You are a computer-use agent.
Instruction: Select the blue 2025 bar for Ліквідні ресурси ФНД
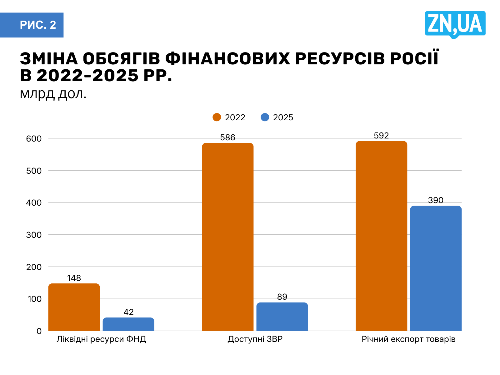(128, 324)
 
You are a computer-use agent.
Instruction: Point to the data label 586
(227, 137)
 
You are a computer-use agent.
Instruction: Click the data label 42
(128, 312)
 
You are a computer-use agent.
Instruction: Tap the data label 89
(282, 297)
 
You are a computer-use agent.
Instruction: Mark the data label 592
(381, 136)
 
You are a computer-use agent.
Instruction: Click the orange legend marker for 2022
(217, 117)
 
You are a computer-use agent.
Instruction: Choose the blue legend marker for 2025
(265, 117)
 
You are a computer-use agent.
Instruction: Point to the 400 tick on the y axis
(34, 203)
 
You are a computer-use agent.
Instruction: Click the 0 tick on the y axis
(39, 331)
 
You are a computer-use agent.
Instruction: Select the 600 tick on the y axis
(34, 139)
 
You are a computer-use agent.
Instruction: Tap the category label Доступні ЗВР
(255, 339)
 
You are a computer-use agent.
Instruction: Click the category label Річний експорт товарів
(408, 339)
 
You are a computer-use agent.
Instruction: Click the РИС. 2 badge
(37, 25)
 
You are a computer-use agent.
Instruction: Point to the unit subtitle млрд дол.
(53, 94)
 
